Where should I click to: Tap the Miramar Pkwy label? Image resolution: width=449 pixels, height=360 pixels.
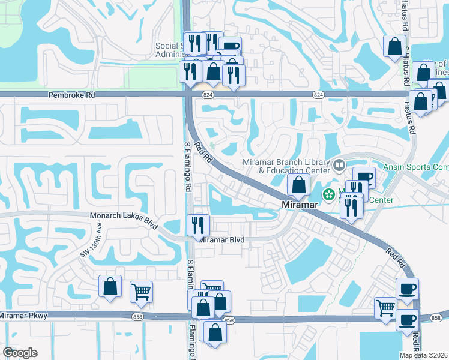[x=22, y=315]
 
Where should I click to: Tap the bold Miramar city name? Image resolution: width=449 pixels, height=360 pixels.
[x=300, y=205]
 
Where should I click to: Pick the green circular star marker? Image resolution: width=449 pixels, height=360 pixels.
[x=329, y=194]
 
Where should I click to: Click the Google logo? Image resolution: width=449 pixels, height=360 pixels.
[x=20, y=353]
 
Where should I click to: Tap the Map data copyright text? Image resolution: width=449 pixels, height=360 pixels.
[x=423, y=355]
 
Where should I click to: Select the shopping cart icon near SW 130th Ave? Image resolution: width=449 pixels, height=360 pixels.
[x=141, y=292]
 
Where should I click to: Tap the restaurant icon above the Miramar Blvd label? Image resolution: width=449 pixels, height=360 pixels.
[x=198, y=225]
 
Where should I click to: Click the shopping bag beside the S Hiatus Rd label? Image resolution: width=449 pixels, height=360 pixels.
[x=394, y=47]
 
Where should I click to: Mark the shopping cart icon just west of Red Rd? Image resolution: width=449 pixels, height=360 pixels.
[x=385, y=308]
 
